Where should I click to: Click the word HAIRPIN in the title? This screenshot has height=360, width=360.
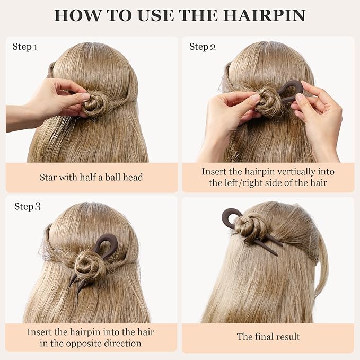pos(264,15)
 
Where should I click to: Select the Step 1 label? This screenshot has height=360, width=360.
pos(25,47)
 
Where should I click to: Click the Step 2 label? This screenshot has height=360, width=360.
pos(203,47)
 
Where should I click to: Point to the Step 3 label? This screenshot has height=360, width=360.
pos(28,206)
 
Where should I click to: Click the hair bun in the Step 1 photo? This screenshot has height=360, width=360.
pos(93,104)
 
